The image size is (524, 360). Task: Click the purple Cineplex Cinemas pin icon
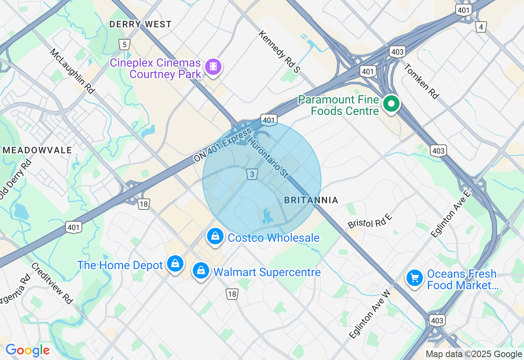tap(213, 66)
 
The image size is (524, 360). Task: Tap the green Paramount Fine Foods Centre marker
tap(391, 104)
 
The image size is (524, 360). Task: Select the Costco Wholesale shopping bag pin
tap(215, 236)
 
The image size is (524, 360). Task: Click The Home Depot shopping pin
tap(175, 264)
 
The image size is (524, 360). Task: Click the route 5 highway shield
tap(124, 45)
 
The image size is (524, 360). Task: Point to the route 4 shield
tap(481, 27)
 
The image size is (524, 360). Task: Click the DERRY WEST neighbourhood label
tap(140, 25)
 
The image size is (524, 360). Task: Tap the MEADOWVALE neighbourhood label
tap(38, 150)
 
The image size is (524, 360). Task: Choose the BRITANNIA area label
tap(311, 200)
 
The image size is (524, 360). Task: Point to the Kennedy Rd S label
tap(279, 52)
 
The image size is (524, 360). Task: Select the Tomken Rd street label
tap(421, 81)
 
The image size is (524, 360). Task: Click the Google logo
tap(27, 351)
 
